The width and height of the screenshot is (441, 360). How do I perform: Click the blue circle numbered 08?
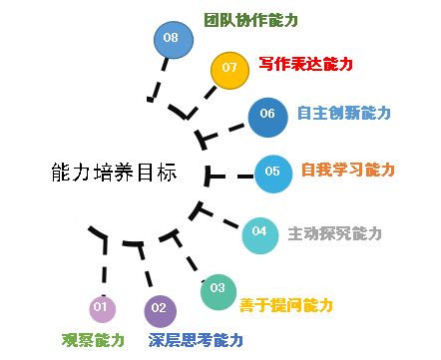172,38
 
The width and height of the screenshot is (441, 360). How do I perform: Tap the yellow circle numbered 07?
229,69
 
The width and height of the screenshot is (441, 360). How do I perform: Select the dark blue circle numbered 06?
267,115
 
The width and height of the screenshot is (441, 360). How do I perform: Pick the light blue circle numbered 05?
273,172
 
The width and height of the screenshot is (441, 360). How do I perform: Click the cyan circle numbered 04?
259,233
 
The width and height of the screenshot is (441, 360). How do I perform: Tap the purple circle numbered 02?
161,310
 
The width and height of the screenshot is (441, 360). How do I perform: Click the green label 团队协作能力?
251,20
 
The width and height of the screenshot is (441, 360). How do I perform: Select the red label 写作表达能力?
305,64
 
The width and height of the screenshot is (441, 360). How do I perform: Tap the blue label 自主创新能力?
345,113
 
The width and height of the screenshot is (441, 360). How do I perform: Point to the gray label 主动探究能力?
334,233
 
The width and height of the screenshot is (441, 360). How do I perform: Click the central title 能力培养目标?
113,172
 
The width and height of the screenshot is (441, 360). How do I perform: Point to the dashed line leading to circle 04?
224,221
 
